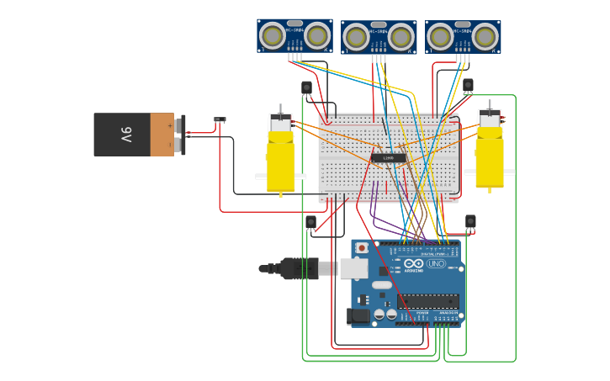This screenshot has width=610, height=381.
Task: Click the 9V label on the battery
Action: pyautogui.click(x=126, y=135)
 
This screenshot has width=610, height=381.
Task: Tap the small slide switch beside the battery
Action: pyautogui.click(x=220, y=119)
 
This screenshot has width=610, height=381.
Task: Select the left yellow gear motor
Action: pyautogui.click(x=281, y=156)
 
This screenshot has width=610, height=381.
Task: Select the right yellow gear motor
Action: pyautogui.click(x=489, y=153)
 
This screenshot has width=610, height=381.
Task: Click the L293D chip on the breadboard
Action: pyautogui.click(x=388, y=157)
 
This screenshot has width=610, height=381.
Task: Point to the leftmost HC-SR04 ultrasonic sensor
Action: pyautogui.click(x=294, y=35)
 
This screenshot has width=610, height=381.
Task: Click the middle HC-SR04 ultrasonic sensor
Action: pyautogui.click(x=379, y=37)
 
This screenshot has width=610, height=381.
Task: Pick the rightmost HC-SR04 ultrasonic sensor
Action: pyautogui.click(x=463, y=36)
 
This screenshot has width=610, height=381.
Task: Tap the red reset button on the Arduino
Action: pyautogui.click(x=362, y=248)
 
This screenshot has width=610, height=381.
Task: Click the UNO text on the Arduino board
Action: pyautogui.click(x=436, y=263)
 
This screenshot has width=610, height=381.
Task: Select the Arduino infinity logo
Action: pyautogui.click(x=414, y=263)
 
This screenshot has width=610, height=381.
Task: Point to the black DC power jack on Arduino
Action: pyautogui.click(x=358, y=316)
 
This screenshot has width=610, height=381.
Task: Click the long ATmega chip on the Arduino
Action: pyautogui.click(x=428, y=300)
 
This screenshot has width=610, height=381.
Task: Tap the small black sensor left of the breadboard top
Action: pyautogui.click(x=306, y=87)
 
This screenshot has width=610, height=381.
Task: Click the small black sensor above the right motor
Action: pyautogui.click(x=468, y=85)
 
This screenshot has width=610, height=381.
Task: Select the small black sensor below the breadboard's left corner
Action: pyautogui.click(x=310, y=222)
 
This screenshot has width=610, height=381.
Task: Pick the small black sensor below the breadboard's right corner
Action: pyautogui.click(x=470, y=221)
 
